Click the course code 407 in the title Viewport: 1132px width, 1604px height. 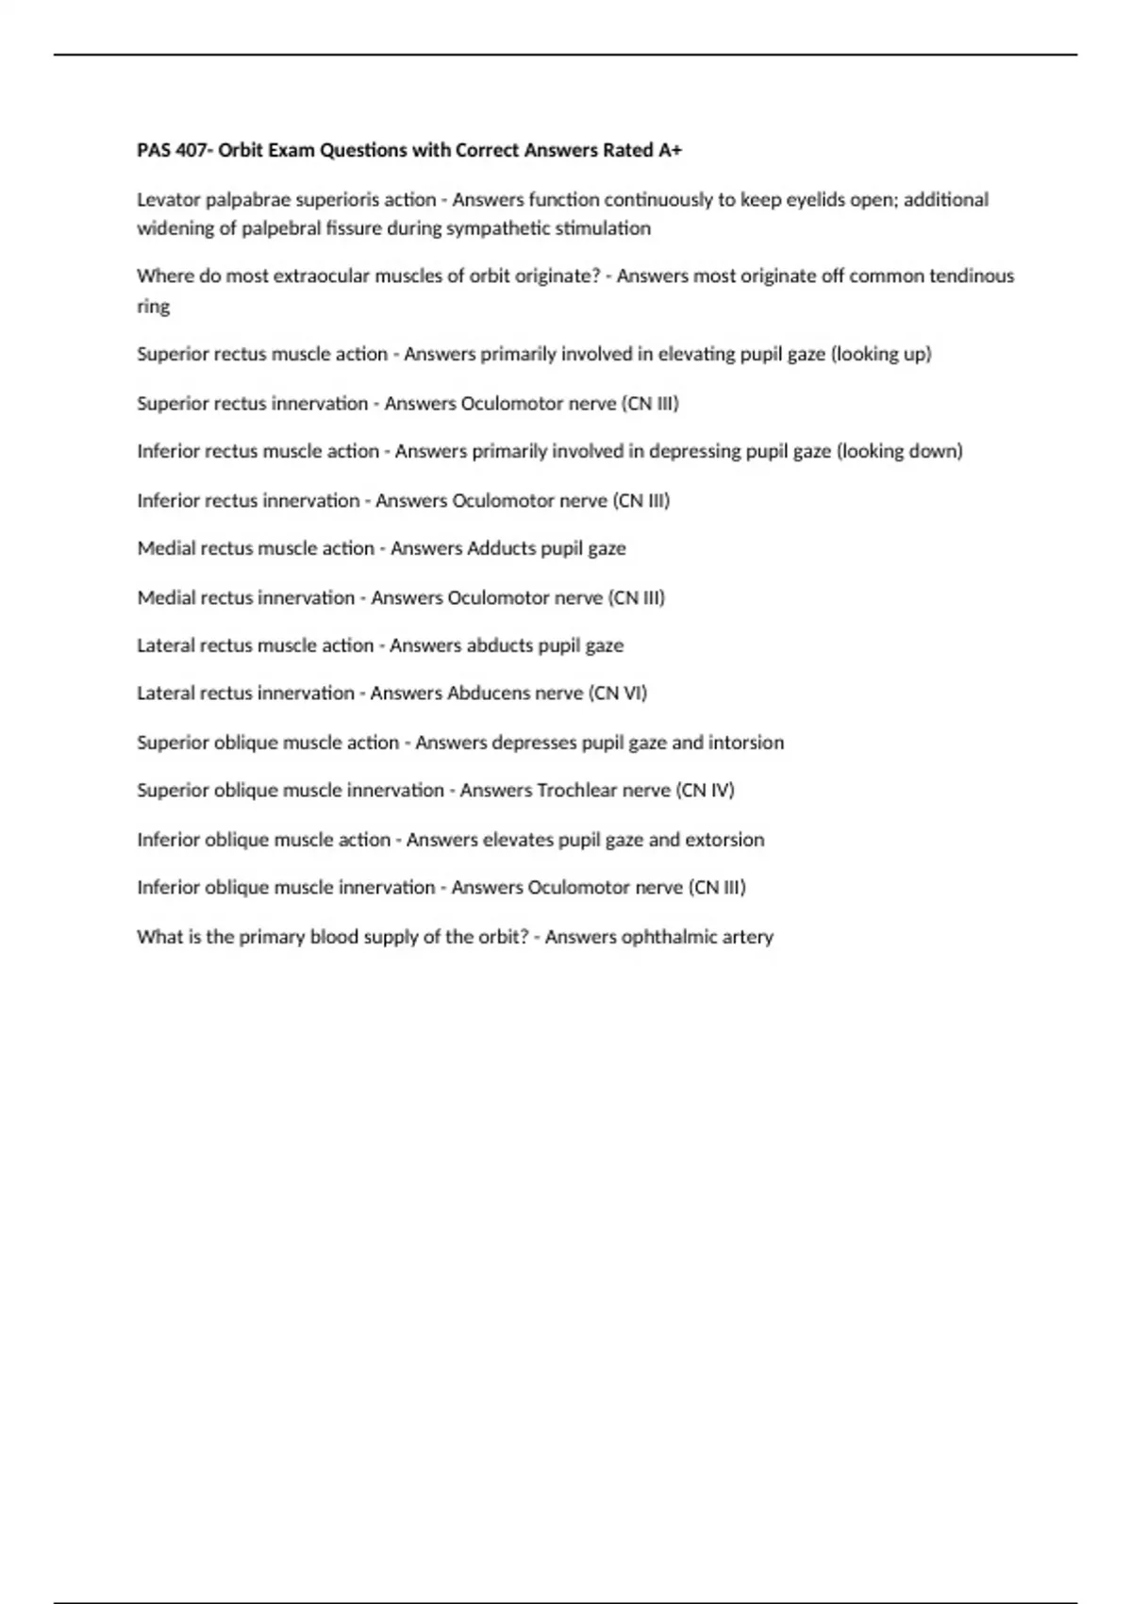pos(192,150)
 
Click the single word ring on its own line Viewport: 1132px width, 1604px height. pos(153,307)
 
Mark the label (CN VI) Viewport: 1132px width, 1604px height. pos(618,693)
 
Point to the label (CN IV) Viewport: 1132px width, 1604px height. pos(705,791)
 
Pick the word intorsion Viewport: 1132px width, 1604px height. pos(746,743)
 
